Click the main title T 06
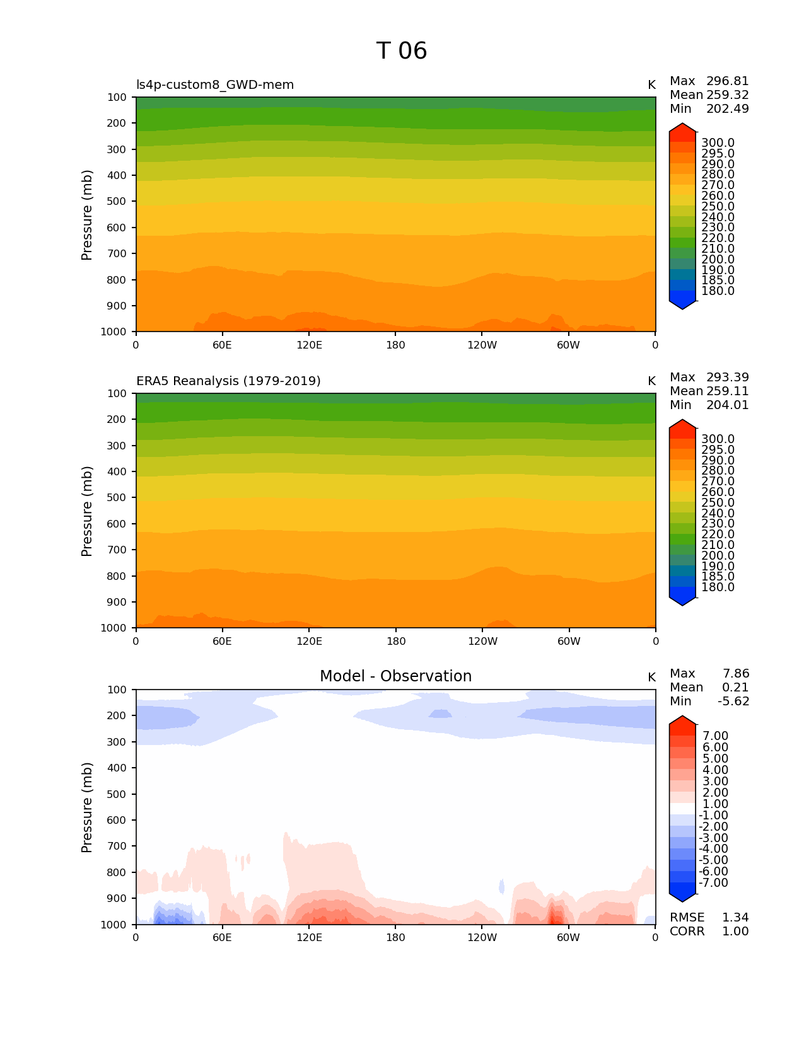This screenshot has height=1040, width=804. coord(402,51)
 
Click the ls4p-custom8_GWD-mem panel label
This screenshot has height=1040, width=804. coord(215,85)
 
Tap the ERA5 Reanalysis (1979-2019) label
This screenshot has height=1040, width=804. coord(228,381)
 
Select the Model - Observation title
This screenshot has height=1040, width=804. coord(395,676)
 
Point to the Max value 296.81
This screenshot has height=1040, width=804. coord(727,81)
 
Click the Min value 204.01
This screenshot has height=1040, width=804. coord(727,405)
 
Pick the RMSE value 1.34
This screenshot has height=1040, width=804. coord(735,918)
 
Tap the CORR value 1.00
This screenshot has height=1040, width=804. coord(735,932)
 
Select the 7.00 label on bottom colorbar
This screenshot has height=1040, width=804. coord(716,736)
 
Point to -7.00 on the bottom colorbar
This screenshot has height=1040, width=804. coord(714,883)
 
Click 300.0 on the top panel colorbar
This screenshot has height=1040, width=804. coord(718,143)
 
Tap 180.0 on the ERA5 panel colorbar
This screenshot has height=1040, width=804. coord(718,587)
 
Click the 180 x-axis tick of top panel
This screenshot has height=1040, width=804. coord(396,345)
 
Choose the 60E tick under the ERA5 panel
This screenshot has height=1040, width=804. coord(222,642)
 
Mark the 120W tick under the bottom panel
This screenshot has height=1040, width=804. coord(482,938)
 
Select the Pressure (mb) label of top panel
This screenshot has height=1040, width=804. coord(87,215)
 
